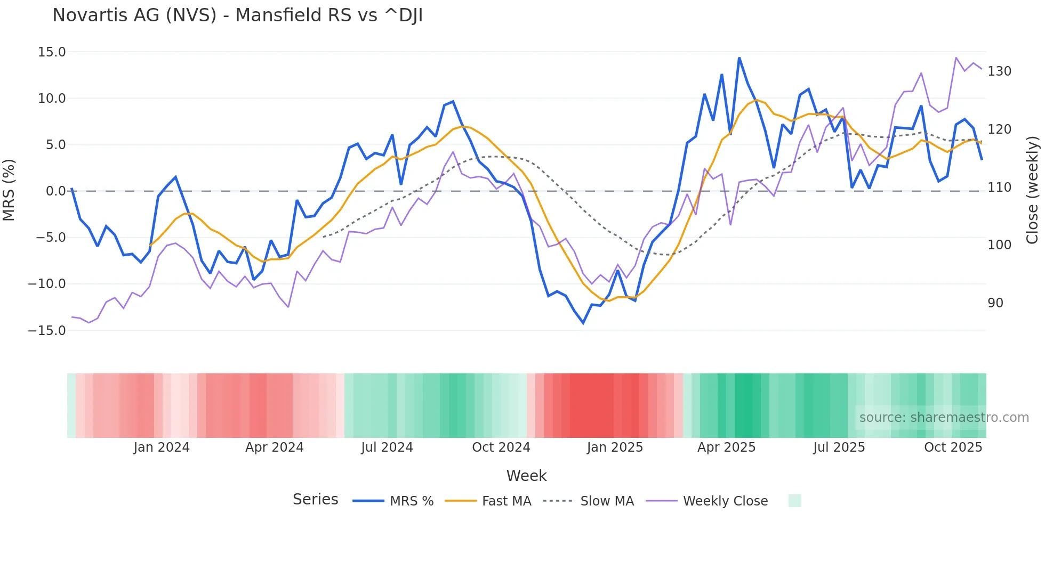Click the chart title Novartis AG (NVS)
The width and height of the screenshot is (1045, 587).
pyautogui.click(x=237, y=15)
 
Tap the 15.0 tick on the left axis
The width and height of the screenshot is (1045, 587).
pyautogui.click(x=52, y=52)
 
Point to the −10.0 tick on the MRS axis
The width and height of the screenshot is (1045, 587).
pyautogui.click(x=47, y=284)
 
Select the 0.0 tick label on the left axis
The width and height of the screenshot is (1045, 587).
pyautogui.click(x=55, y=191)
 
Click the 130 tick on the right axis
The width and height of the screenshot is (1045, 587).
pyautogui.click(x=999, y=71)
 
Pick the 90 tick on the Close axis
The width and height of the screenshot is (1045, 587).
pyautogui.click(x=995, y=303)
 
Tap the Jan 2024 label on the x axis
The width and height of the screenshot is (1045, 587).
pyautogui.click(x=162, y=447)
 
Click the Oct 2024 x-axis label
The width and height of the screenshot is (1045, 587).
pyautogui.click(x=501, y=447)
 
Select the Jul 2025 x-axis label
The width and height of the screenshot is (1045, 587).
pyautogui.click(x=839, y=447)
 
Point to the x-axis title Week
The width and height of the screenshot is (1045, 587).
pyautogui.click(x=526, y=476)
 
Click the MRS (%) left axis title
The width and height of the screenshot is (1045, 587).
pyautogui.click(x=9, y=190)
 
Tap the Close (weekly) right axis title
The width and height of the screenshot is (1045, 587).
pyautogui.click(x=1033, y=190)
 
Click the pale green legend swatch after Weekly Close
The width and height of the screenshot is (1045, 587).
pyautogui.click(x=794, y=501)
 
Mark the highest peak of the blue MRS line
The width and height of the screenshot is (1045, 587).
pyautogui.click(x=739, y=58)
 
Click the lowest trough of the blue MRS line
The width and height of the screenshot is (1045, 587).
pyautogui.click(x=583, y=323)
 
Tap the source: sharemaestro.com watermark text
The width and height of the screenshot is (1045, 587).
pyautogui.click(x=944, y=418)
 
